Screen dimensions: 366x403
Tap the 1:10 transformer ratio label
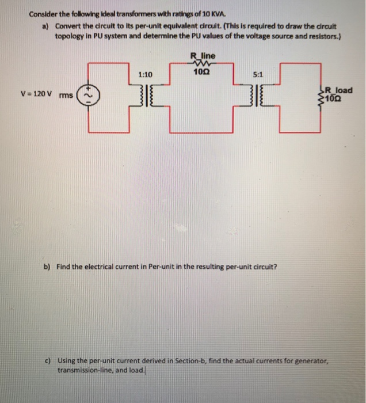(x=145, y=75)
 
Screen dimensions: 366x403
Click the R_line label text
(x=202, y=55)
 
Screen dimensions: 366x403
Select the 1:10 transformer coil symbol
(x=145, y=96)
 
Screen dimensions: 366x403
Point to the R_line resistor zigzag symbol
(x=202, y=64)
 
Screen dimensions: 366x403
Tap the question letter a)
(x=45, y=26)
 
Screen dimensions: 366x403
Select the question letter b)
(x=47, y=267)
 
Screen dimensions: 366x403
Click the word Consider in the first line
(x=43, y=15)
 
